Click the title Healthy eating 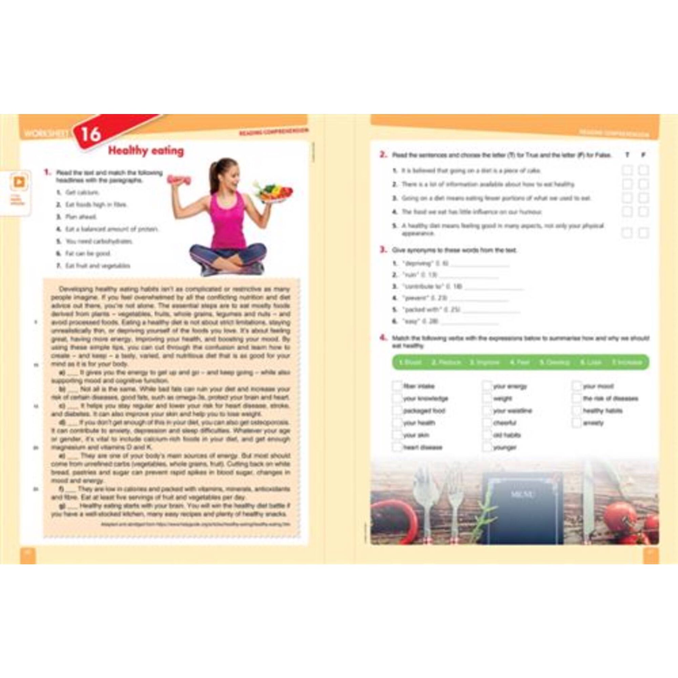coord(146,151)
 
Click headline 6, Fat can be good coord(88,253)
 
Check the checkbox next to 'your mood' coord(577,386)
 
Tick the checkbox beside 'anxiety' coord(577,423)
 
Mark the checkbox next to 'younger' coord(487,447)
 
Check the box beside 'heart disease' coord(397,447)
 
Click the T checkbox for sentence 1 coord(627,171)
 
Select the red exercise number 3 coord(383,250)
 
